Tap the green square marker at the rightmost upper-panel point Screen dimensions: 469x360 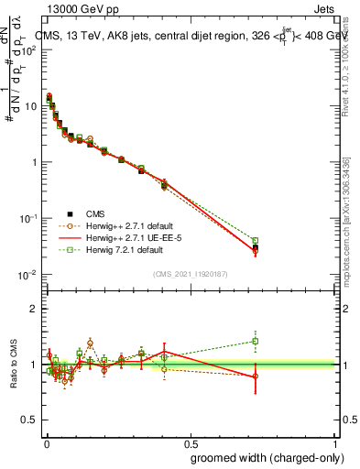[256, 241]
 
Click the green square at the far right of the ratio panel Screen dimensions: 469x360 [256, 341]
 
